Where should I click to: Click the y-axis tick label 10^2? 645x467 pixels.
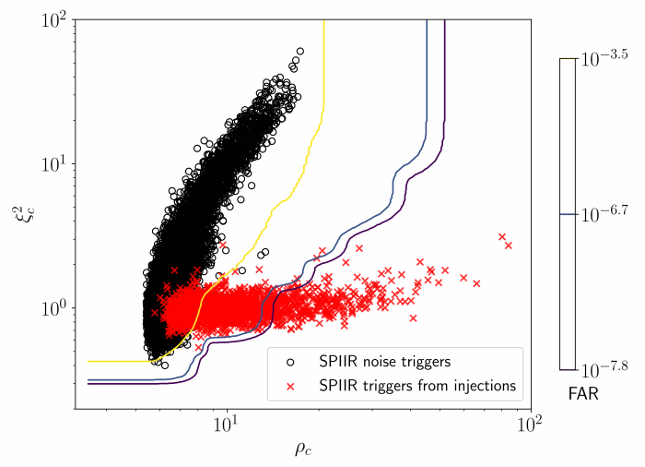pos(55,19)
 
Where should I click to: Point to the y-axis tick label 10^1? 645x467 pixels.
pos(55,163)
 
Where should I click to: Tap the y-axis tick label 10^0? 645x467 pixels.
pos(55,307)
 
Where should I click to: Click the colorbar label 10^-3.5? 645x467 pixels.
pos(603,58)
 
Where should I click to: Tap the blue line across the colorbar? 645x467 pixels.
pos(568,214)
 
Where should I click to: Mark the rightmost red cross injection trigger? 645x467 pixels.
pos(509,245)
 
